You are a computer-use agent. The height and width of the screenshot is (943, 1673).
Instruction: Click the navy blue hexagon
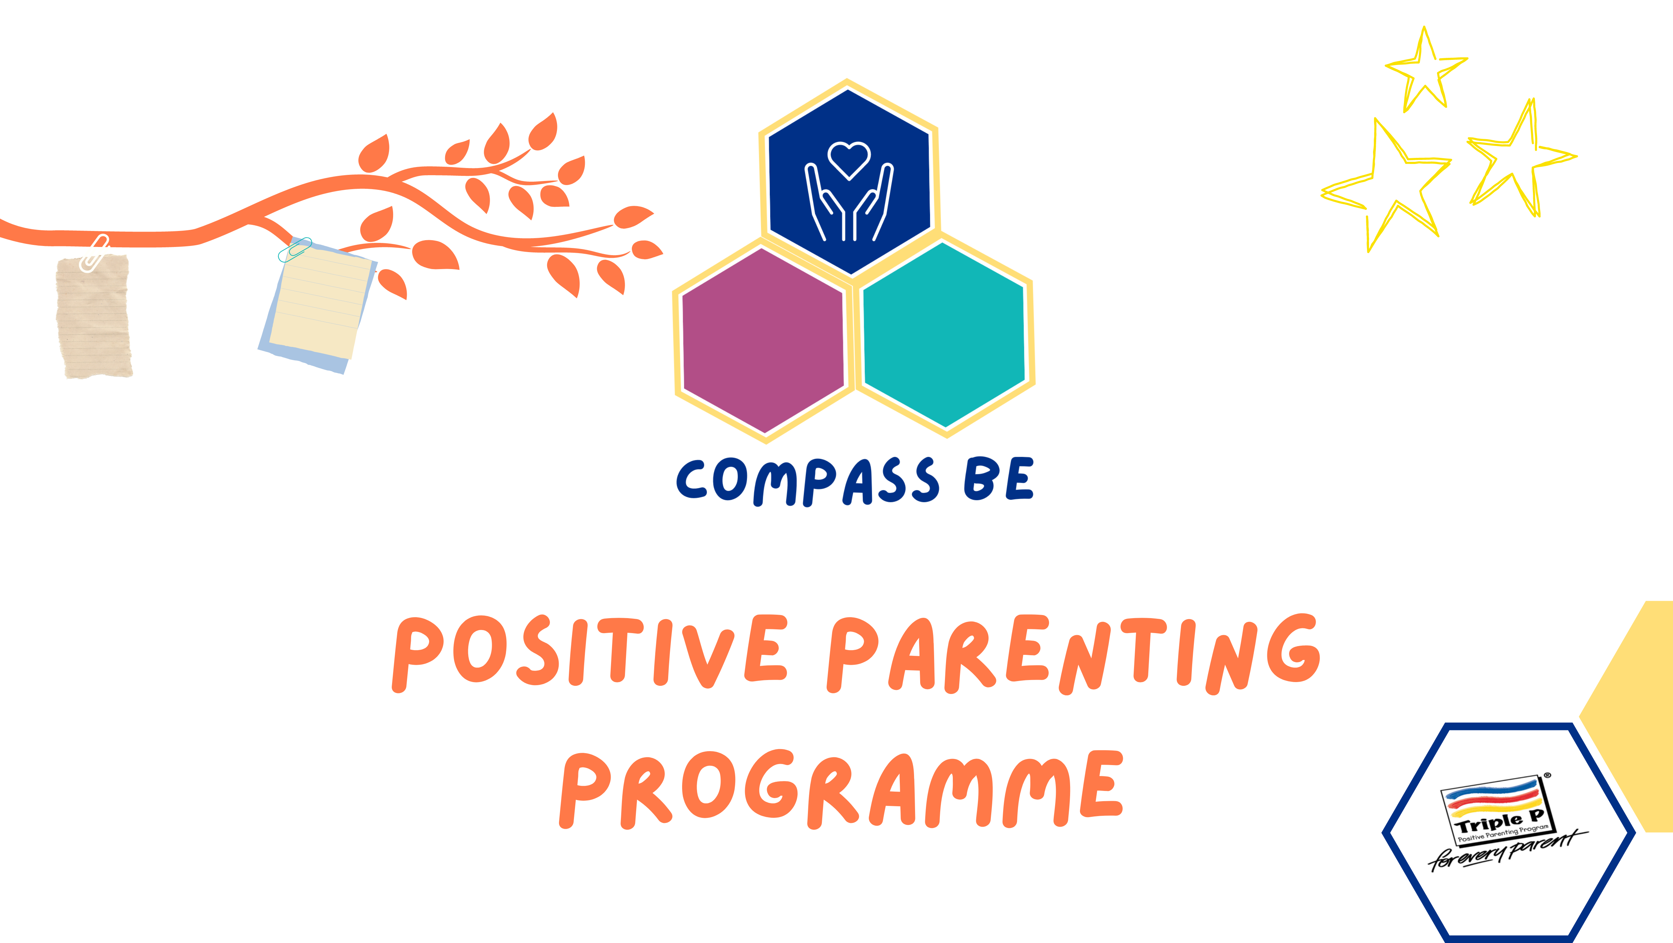[x=849, y=181]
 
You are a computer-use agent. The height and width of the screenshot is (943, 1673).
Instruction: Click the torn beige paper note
[x=94, y=316]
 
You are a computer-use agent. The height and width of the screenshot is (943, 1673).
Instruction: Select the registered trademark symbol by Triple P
[x=1547, y=775]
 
